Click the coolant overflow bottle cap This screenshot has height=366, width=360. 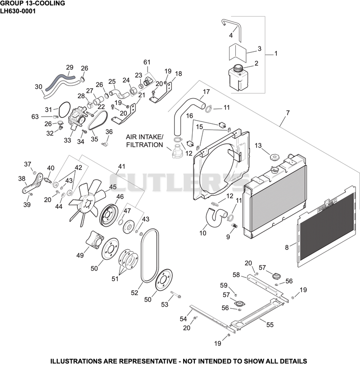(238, 68)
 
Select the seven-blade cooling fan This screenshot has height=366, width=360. (87, 203)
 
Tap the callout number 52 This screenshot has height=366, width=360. (135, 293)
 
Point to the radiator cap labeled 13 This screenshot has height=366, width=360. (274, 156)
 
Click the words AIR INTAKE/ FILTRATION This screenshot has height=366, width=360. (144, 141)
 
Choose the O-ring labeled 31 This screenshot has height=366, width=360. (64, 110)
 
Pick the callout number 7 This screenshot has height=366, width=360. (288, 113)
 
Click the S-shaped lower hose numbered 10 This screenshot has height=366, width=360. (216, 217)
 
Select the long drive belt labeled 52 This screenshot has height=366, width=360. (149, 255)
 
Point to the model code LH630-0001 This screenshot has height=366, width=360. (18, 11)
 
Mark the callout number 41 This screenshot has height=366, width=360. (121, 167)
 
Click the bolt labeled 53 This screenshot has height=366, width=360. (175, 294)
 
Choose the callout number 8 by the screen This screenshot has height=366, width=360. (287, 247)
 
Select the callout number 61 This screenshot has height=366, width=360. (147, 62)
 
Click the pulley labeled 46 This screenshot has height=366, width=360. (109, 216)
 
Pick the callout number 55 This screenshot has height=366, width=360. (270, 325)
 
